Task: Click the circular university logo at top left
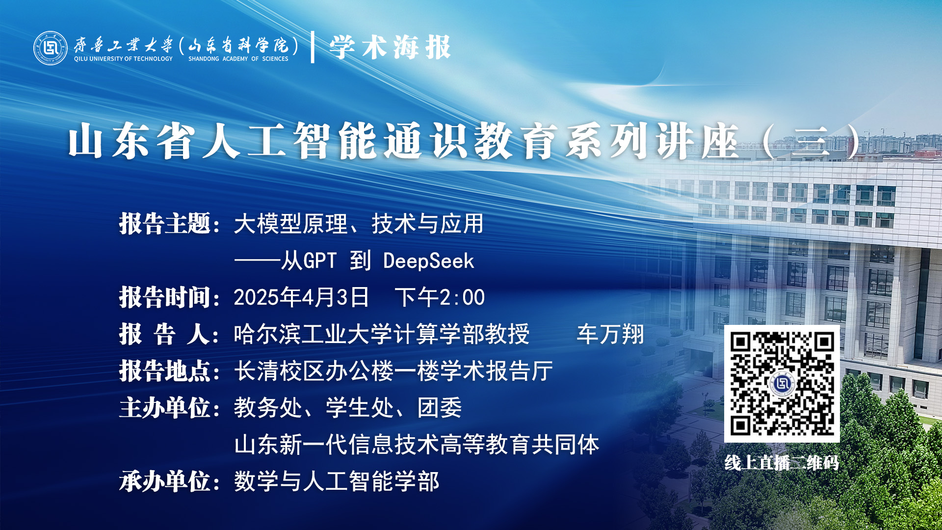tap(50, 48)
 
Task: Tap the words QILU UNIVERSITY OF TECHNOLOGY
tap(123, 59)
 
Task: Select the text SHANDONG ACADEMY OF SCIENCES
tap(238, 59)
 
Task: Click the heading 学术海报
tap(390, 48)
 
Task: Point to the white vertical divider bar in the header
tap(313, 47)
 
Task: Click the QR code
tap(782, 383)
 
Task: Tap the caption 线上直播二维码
tap(782, 463)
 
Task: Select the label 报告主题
tap(165, 224)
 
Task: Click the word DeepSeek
tap(429, 261)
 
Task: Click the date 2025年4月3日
tap(301, 297)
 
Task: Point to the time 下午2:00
tap(440, 297)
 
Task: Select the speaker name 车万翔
tap(610, 334)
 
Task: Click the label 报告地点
tap(165, 371)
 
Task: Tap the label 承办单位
tap(165, 481)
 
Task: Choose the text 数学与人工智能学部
tap(337, 481)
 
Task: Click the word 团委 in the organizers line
tap(440, 408)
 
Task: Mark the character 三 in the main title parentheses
tap(810, 142)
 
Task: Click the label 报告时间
tap(165, 297)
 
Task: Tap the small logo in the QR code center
tap(782, 383)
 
